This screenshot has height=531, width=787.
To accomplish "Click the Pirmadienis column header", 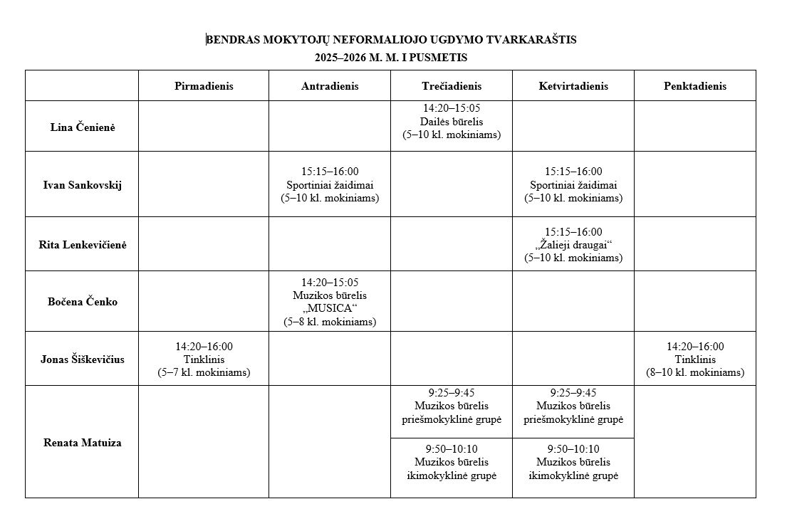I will tap(204, 86).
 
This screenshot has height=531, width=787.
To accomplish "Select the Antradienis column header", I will tap(330, 86).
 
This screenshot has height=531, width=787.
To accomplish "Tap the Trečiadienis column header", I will tap(452, 86).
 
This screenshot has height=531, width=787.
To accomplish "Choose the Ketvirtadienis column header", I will tap(573, 86).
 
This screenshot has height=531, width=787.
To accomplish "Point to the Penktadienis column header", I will tap(695, 86).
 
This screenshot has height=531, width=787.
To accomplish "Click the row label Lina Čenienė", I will tap(83, 127).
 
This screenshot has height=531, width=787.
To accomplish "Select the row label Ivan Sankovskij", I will tap(83, 185).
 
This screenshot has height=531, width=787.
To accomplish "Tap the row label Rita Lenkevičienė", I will tap(83, 245).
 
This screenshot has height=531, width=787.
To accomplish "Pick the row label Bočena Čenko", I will tap(83, 302).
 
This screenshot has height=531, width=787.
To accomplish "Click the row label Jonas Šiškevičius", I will tap(83, 359).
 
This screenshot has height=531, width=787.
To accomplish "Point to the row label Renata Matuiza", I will tap(83, 443).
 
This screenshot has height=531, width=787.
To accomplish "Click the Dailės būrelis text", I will tap(452, 122).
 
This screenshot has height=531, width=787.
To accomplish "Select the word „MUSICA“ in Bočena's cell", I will tap(330, 308).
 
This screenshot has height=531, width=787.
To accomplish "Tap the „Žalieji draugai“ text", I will tap(573, 245).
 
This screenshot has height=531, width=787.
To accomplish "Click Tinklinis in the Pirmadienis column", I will tap(204, 359).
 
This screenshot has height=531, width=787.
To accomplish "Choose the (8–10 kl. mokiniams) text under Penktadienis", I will tap(695, 372).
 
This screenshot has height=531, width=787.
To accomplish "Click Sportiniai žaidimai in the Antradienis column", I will tap(330, 185).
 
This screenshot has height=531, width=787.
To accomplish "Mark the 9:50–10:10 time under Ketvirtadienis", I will tap(573, 448).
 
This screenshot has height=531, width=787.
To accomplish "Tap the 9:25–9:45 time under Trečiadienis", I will tap(452, 392).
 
